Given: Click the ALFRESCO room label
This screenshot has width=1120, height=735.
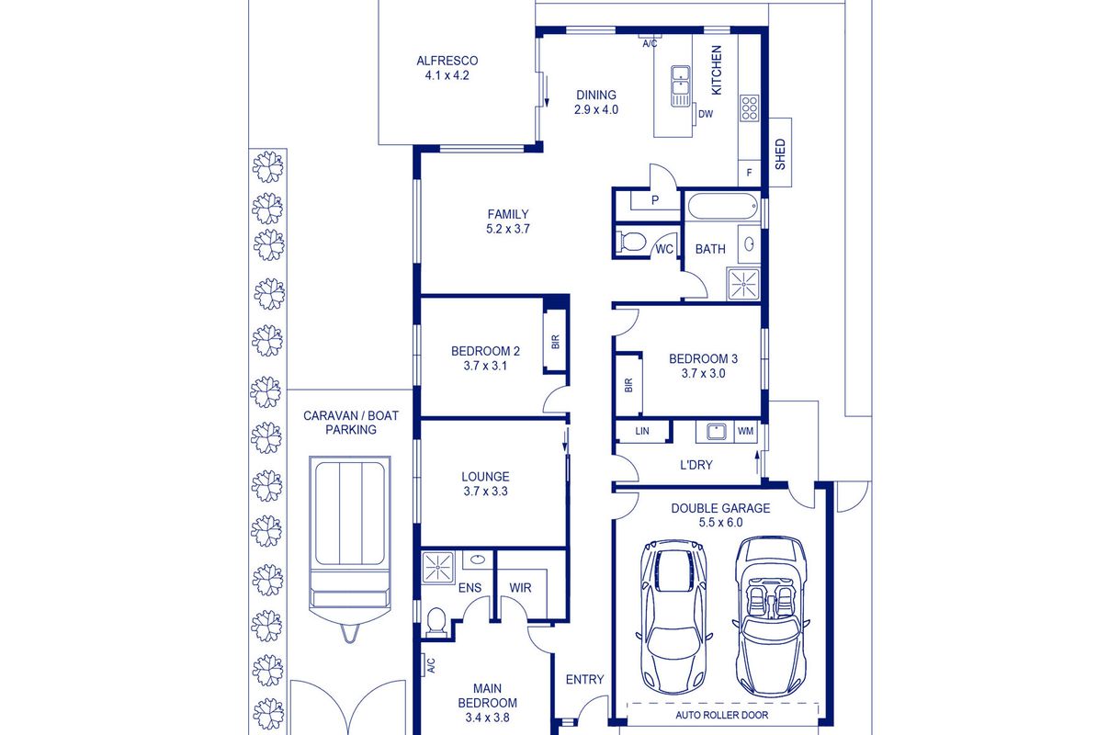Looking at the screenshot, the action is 447,61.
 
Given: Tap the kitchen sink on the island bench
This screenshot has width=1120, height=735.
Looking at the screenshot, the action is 680,85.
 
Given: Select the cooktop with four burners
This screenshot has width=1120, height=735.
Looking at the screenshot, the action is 750,108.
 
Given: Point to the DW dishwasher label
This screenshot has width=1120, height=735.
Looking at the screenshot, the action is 706,114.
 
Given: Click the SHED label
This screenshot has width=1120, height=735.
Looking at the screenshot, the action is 780,154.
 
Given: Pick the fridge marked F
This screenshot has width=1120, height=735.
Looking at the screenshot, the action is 749,173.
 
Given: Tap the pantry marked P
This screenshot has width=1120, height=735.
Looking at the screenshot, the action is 655,200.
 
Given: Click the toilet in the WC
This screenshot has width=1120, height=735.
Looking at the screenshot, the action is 632,242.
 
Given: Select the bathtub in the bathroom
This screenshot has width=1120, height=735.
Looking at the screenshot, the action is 722,207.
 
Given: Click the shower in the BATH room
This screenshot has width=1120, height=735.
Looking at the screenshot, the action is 743,284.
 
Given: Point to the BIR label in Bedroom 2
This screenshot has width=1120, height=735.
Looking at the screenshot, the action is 555,342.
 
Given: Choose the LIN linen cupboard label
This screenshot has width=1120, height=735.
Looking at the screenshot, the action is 642,431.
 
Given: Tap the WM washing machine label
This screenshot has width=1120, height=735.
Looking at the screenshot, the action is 745,431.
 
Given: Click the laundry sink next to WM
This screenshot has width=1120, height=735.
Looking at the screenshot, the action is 716,432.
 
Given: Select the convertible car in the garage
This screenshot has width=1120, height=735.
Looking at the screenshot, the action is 771,617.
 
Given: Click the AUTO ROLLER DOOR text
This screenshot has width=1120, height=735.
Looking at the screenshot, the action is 721,715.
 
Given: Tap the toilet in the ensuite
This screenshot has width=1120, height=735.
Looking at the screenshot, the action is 436,622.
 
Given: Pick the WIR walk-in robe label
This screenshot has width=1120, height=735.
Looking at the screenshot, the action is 520,588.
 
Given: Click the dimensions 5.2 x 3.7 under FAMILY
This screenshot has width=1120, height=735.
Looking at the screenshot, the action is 508,229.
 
